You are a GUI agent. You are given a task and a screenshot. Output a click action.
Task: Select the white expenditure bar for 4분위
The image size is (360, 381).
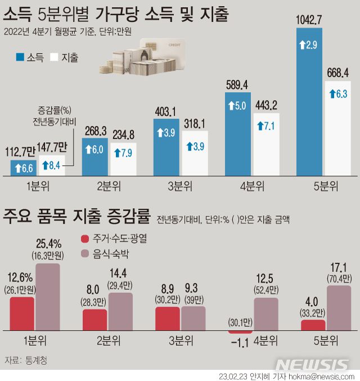pyautogui.click(x=267, y=145)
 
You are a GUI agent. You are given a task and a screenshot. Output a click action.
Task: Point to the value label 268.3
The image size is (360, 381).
pyautogui.click(x=96, y=130)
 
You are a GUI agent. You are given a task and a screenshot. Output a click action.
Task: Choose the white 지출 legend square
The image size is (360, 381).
pyautogui.click(x=55, y=57)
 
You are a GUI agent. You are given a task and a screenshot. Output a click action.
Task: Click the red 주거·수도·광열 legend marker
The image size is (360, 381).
pyautogui.click(x=85, y=238)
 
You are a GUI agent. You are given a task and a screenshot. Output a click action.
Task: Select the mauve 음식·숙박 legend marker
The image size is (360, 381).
pyautogui.click(x=85, y=254)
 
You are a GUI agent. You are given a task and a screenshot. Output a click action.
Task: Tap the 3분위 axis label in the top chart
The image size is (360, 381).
pyautogui.click(x=167, y=185)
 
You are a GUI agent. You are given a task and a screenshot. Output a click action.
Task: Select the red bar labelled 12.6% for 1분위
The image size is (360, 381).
pyautogui.click(x=22, y=314)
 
